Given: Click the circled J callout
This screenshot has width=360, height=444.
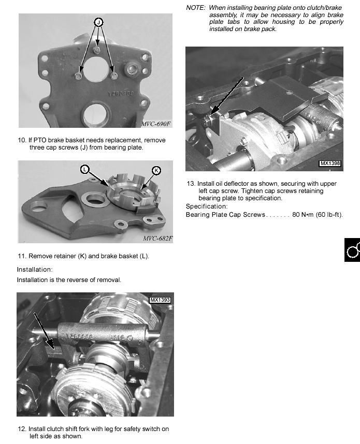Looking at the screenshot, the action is pos(98,22).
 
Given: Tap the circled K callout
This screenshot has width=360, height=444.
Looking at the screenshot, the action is pos(156,170).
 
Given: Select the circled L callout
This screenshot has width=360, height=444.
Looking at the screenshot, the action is pos(84,170).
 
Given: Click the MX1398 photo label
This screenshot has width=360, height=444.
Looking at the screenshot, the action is pos(330,164).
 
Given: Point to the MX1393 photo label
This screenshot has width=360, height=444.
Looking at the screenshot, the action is pos(160,300).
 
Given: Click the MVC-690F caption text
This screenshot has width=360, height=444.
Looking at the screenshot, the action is pos(156,124).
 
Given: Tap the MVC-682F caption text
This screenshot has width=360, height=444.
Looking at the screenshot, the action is pos(157,239).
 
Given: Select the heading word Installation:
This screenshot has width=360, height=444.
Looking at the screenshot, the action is pos(35,269).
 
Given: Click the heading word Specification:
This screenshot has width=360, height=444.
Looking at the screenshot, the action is pos(207,206).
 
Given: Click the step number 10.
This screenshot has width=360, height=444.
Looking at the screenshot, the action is pos(22,140).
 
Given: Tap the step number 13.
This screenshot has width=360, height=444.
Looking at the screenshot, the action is pos(191,184).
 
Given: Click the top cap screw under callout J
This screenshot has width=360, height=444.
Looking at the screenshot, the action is pos(97,50).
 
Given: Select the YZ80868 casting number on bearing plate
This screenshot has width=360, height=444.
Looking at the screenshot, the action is pos(121,94).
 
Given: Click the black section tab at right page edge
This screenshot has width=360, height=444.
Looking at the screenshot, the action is pos(352,250).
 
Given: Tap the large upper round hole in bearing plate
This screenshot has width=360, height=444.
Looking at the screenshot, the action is pos(96,68).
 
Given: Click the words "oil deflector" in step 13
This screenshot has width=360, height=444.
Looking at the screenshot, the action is pos(233,184).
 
